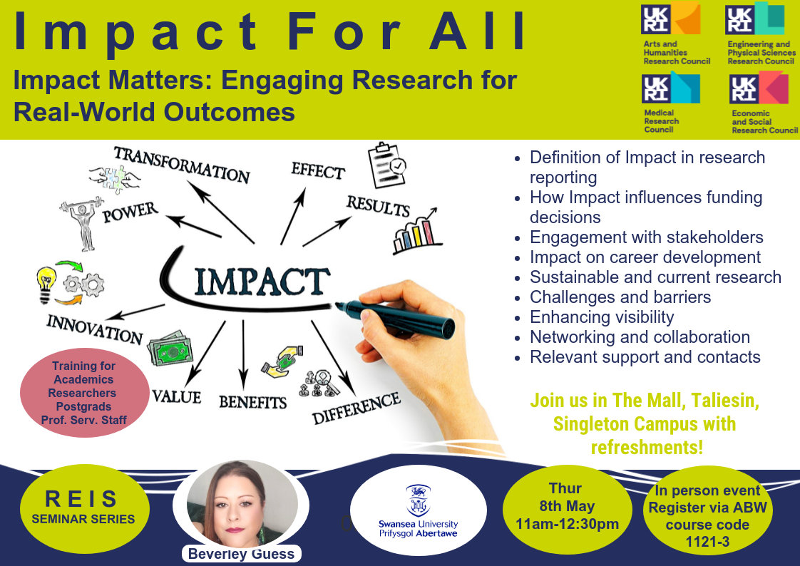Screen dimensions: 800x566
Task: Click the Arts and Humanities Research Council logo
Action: tap(675, 33)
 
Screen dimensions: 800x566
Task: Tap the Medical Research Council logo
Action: tap(670, 102)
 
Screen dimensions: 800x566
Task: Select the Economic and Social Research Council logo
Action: tap(763, 103)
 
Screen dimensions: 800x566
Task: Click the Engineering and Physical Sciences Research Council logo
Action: tap(760, 33)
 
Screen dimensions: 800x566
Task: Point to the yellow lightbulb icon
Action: tap(46, 284)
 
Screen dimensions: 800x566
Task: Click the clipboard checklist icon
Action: tap(386, 165)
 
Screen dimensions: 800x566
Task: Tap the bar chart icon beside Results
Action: tap(415, 231)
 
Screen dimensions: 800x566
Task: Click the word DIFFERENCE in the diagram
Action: tap(356, 408)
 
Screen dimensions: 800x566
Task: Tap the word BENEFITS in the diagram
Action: tap(252, 402)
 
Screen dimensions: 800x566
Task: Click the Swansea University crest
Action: tap(418, 500)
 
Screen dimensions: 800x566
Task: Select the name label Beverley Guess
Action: tap(241, 554)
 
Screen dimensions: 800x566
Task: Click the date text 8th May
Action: tap(567, 506)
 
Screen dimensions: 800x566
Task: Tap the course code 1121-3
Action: tap(707, 542)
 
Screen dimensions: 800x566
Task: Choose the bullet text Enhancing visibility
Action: tap(602, 317)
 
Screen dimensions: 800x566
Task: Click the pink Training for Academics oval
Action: tap(84, 393)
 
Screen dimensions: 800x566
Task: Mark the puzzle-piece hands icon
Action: tap(114, 179)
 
